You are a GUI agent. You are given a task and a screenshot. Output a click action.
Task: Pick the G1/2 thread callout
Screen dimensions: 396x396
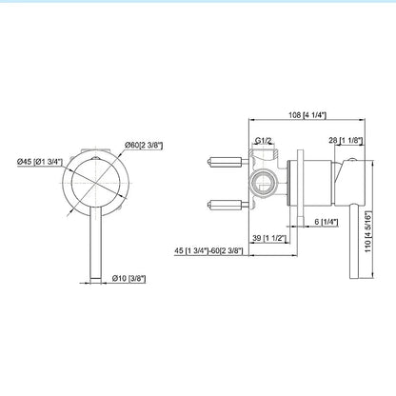(265, 141)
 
